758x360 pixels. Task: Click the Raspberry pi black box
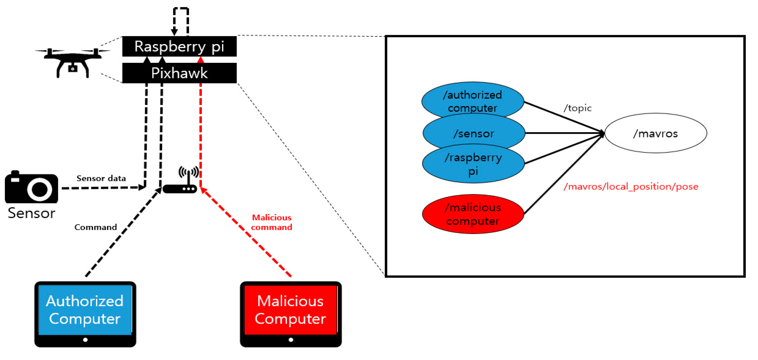[x=179, y=46]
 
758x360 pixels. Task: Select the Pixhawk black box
[x=179, y=73]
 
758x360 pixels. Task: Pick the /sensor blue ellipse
[x=473, y=133]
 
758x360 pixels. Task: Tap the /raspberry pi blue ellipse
[x=473, y=164]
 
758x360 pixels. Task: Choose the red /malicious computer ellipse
[x=473, y=214]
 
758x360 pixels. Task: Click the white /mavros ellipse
[x=655, y=133]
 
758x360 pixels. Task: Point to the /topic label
[x=577, y=108]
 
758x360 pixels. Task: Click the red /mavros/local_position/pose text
[x=631, y=187]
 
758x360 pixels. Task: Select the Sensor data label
[x=101, y=178]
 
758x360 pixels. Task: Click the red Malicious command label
[x=271, y=222]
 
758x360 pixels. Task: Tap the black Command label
[x=95, y=227]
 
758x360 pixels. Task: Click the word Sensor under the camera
[x=31, y=213]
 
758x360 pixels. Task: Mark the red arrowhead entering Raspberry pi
[x=201, y=60]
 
